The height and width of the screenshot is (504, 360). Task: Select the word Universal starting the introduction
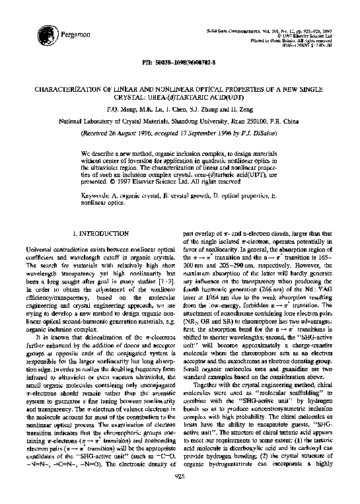pyautogui.click(x=48, y=246)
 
